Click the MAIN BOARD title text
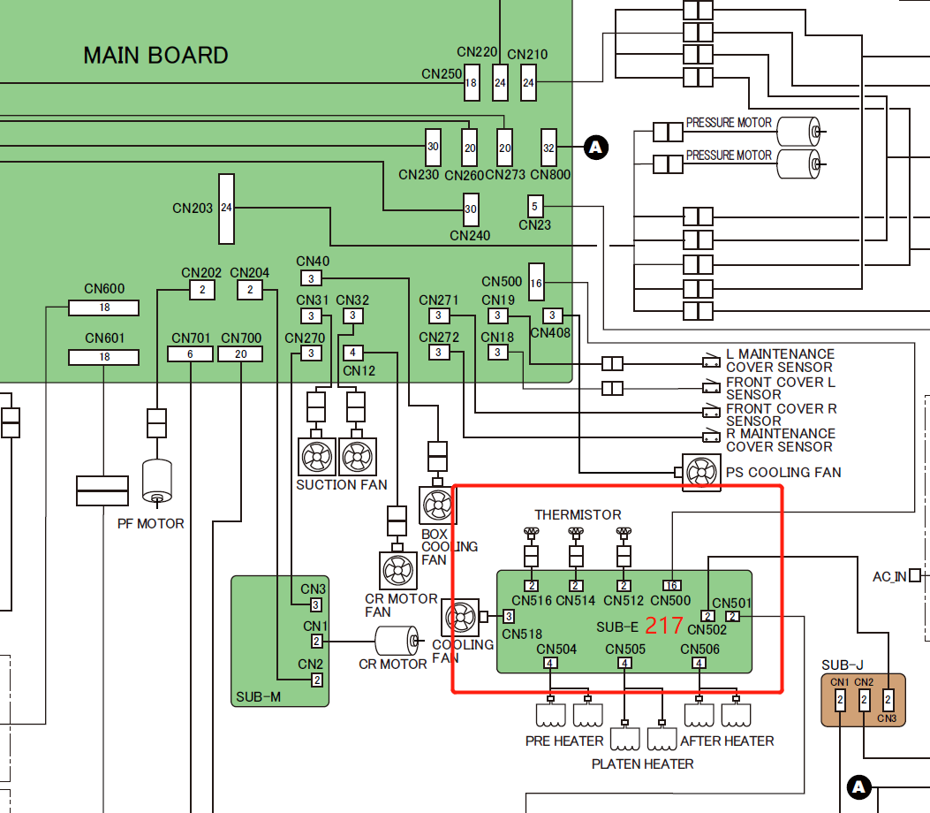[x=155, y=56]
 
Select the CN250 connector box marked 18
[x=471, y=83]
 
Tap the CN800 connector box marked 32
[x=548, y=148]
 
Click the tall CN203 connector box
[x=226, y=209]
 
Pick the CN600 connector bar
[x=104, y=308]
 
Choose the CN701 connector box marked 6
[x=191, y=353]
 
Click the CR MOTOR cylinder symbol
[x=397, y=642]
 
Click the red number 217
[x=664, y=626]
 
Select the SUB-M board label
[x=258, y=697]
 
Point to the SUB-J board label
[x=841, y=665]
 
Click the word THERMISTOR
[x=578, y=514]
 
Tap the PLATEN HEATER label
[x=643, y=764]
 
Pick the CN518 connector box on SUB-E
[x=509, y=617]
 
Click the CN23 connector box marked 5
[x=534, y=207]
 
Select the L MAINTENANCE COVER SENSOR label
[x=779, y=361]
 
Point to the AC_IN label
[x=889, y=576]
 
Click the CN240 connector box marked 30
[x=471, y=209]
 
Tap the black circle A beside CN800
[x=597, y=148]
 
